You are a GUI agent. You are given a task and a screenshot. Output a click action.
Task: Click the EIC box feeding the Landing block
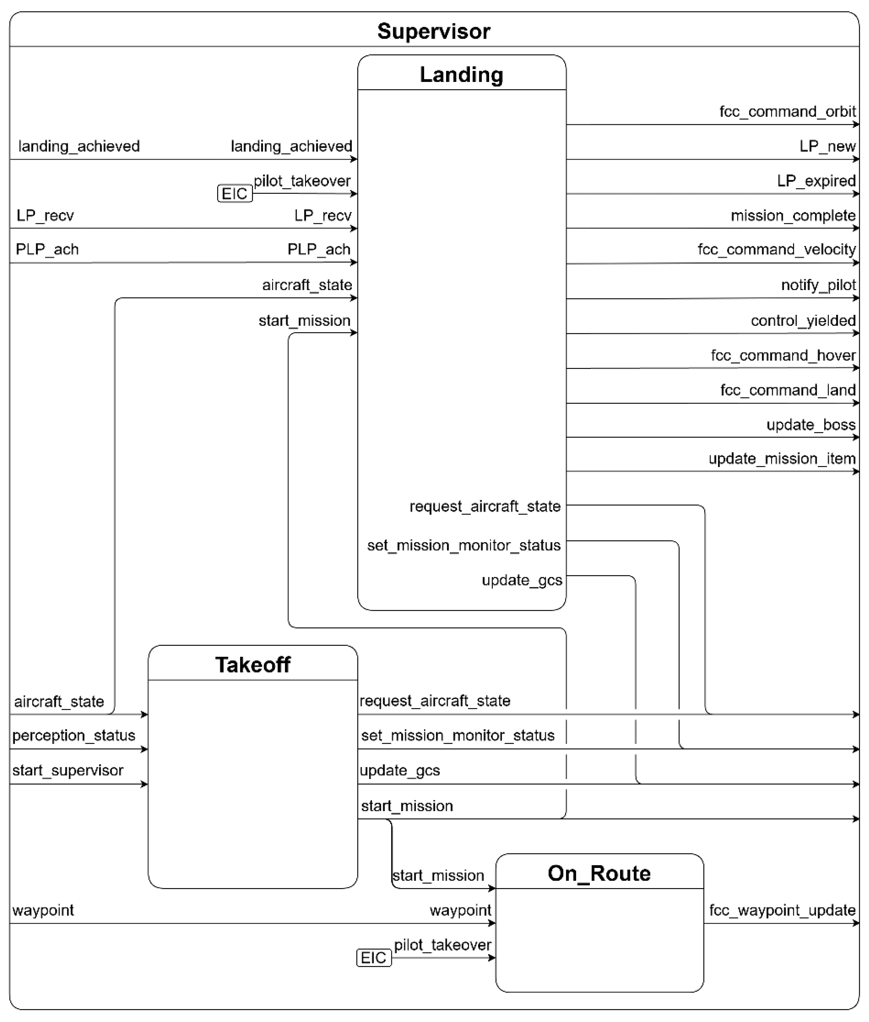coord(235,194)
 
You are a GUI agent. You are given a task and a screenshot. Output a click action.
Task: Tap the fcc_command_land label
coord(788,390)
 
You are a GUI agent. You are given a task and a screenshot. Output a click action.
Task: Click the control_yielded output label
coord(803,321)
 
